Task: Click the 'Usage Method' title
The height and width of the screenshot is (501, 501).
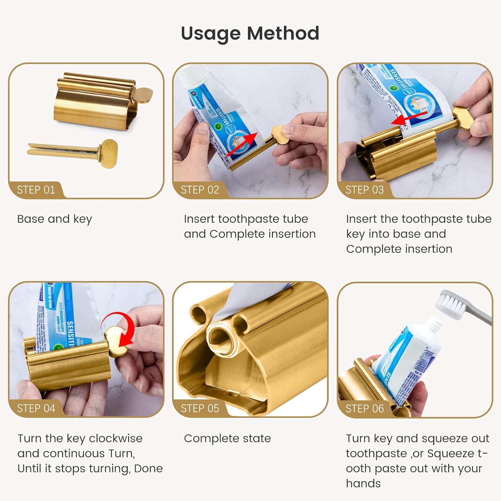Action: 250,33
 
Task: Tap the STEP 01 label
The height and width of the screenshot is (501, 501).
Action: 36,190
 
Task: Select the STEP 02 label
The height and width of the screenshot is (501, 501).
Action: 200,190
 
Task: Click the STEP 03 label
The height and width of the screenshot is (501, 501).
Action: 364,190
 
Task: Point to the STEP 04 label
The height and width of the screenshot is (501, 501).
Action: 36,408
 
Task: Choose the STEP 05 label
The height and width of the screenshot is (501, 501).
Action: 200,408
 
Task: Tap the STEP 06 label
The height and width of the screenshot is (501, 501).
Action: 364,408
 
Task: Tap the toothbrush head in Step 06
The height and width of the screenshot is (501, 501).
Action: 449,302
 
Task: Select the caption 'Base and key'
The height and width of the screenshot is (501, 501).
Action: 54,219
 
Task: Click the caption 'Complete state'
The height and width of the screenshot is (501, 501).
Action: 227,439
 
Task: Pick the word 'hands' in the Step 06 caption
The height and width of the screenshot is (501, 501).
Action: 363,484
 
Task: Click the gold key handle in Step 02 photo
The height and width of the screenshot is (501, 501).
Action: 280,135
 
